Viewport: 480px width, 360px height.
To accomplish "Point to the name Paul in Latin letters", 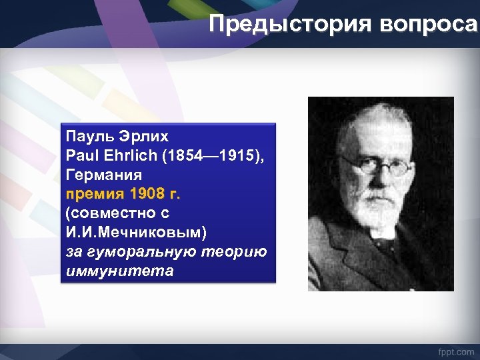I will (x=80, y=156).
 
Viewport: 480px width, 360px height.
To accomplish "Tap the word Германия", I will (x=103, y=175).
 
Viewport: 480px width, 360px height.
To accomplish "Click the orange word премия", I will (x=95, y=195).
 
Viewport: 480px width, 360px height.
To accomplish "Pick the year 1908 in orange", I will (x=146, y=195).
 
